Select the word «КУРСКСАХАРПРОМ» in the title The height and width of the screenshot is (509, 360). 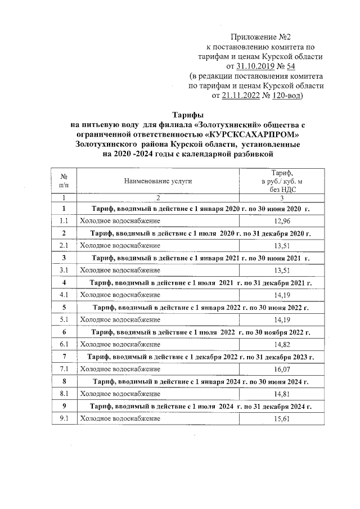pyautogui.click(x=250, y=134)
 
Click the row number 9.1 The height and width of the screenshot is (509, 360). pyautogui.click(x=64, y=418)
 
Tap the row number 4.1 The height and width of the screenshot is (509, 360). pyautogui.click(x=64, y=294)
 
